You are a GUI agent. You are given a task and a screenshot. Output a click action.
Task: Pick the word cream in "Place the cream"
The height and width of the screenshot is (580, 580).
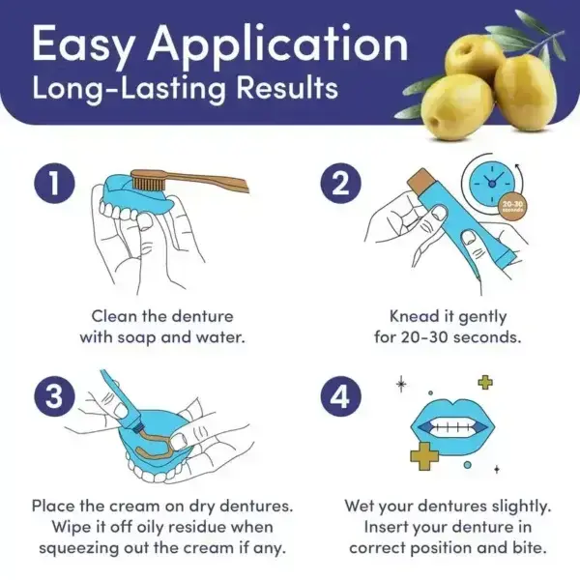[x=142, y=506]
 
